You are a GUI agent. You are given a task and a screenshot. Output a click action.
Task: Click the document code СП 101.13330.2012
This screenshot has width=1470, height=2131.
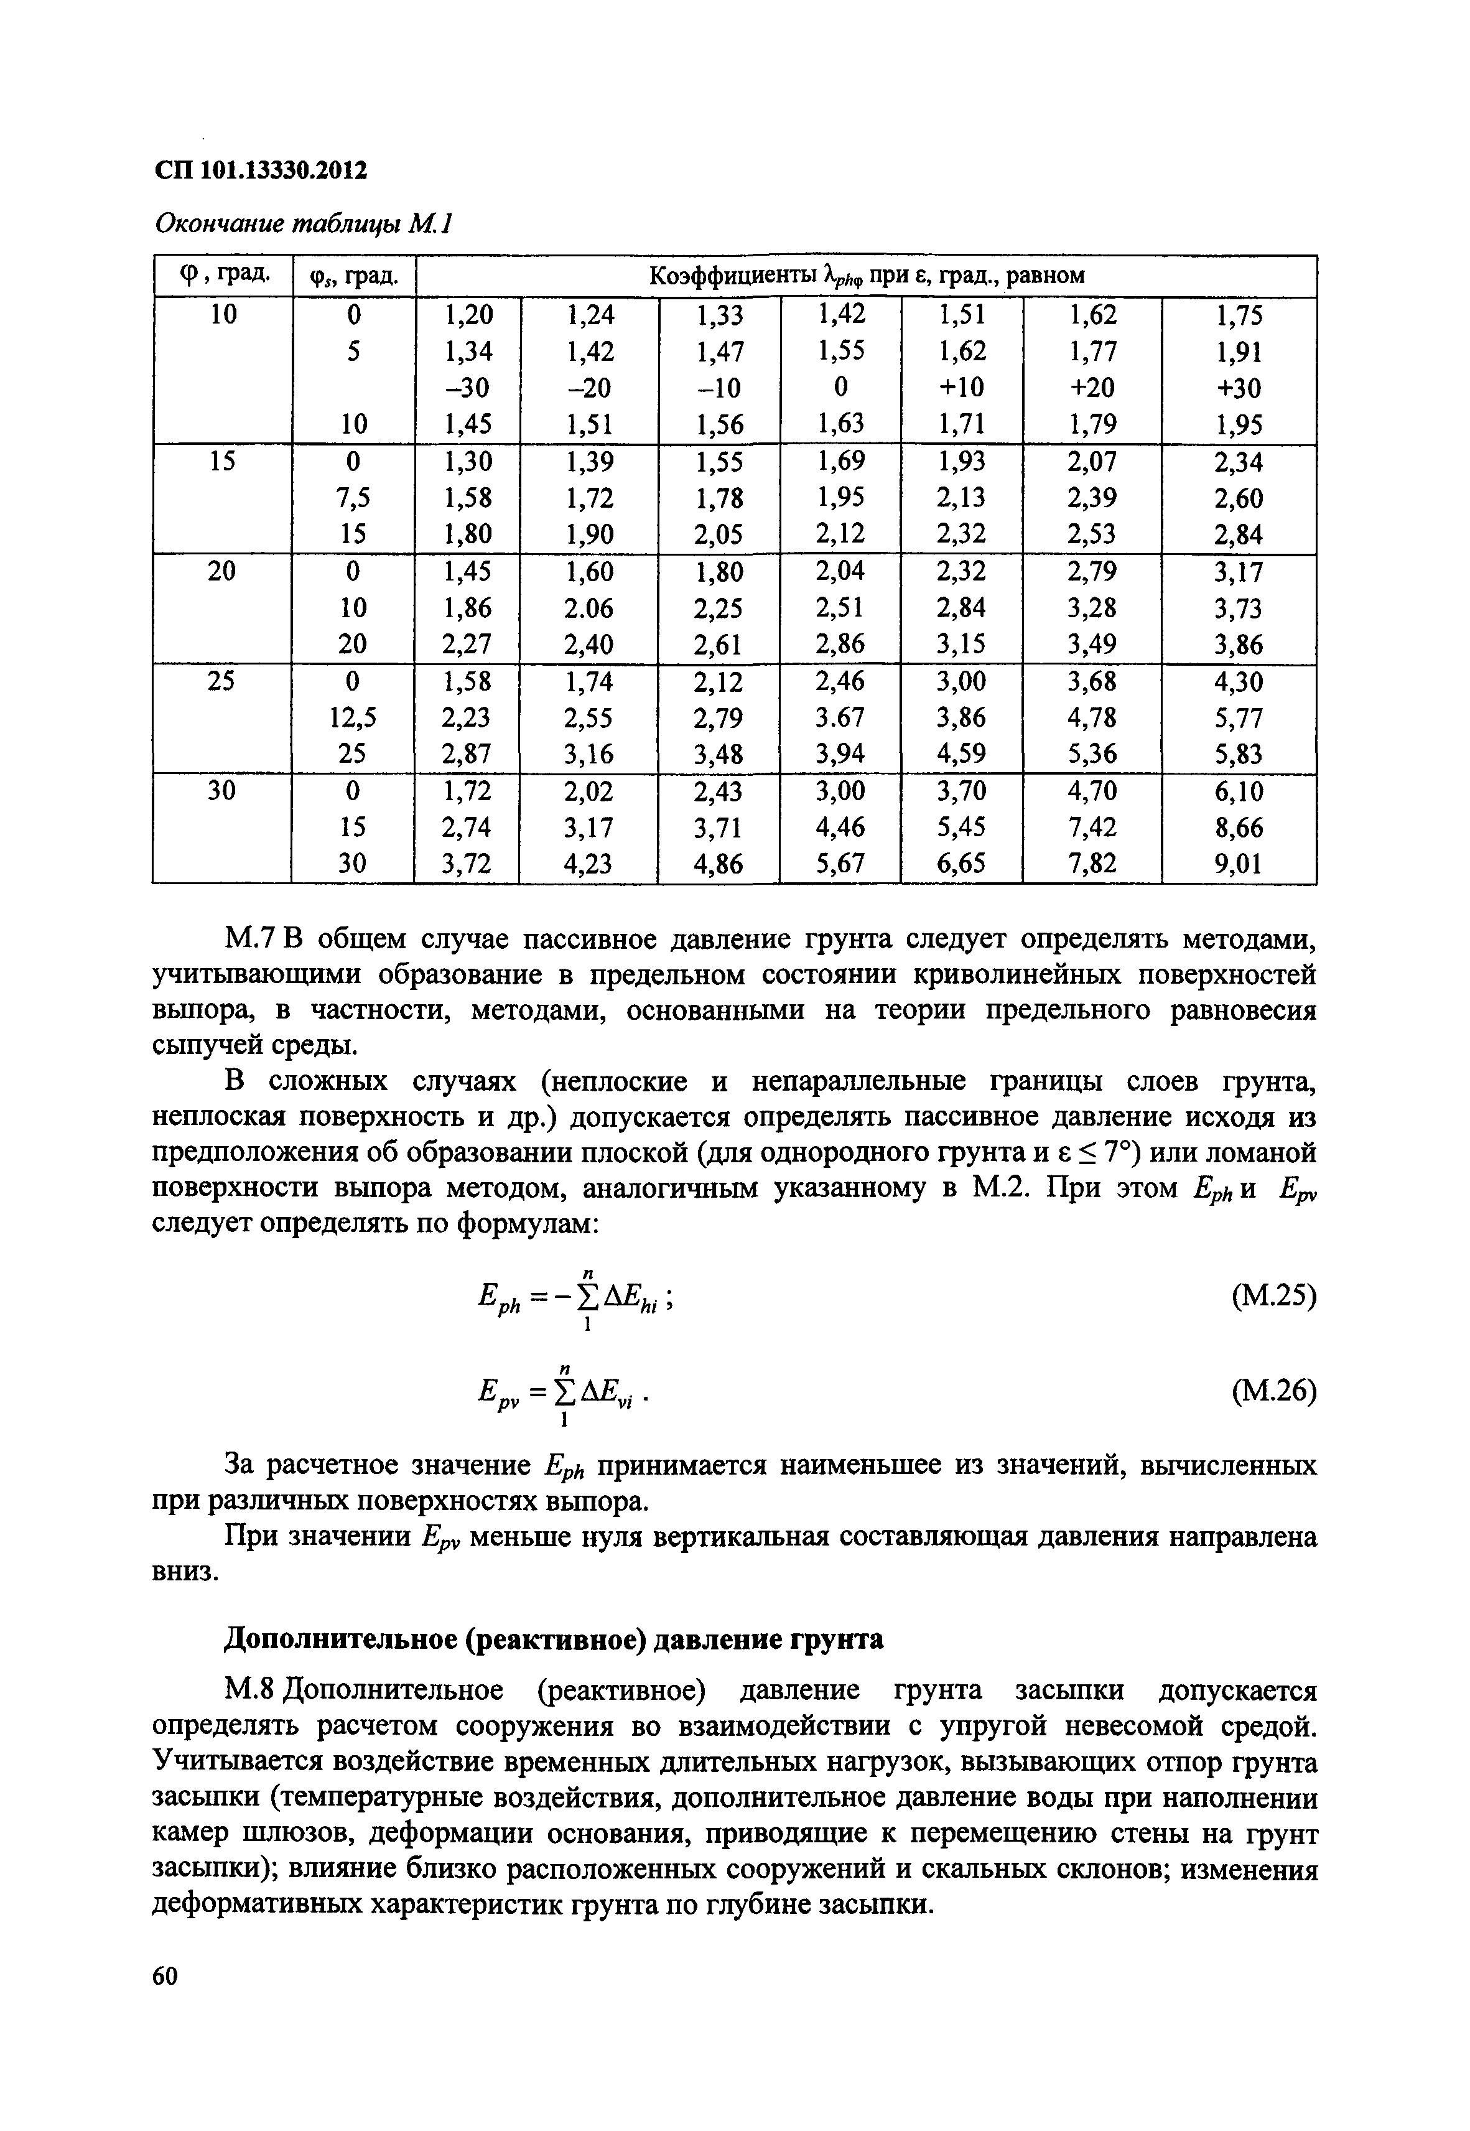click(261, 172)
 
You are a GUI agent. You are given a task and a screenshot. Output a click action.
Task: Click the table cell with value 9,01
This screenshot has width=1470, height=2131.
click(1238, 864)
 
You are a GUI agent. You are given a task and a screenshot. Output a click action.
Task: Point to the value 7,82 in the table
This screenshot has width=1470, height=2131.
click(1092, 864)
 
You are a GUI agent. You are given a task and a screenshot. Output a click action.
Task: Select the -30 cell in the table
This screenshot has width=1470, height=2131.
click(468, 388)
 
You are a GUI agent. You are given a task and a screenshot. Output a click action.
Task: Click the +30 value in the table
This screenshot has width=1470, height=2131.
click(1238, 388)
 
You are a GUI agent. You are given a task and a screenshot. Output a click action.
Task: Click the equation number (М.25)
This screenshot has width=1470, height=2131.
click(1273, 1297)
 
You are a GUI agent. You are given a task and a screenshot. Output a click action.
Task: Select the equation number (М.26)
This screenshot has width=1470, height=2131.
click(1273, 1391)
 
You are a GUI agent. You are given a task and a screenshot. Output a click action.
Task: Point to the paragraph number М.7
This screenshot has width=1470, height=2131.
click(251, 940)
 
